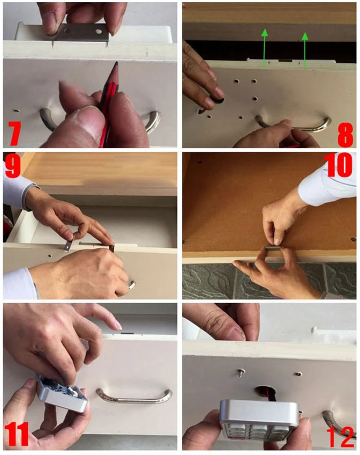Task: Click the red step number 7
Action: tap(14, 133)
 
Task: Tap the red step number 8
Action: tap(346, 134)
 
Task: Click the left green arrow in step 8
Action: tap(264, 49)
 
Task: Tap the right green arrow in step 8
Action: tap(305, 50)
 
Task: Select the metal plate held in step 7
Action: tap(83, 33)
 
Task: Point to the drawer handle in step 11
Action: tap(134, 396)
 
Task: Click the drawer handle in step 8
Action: tap(293, 123)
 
